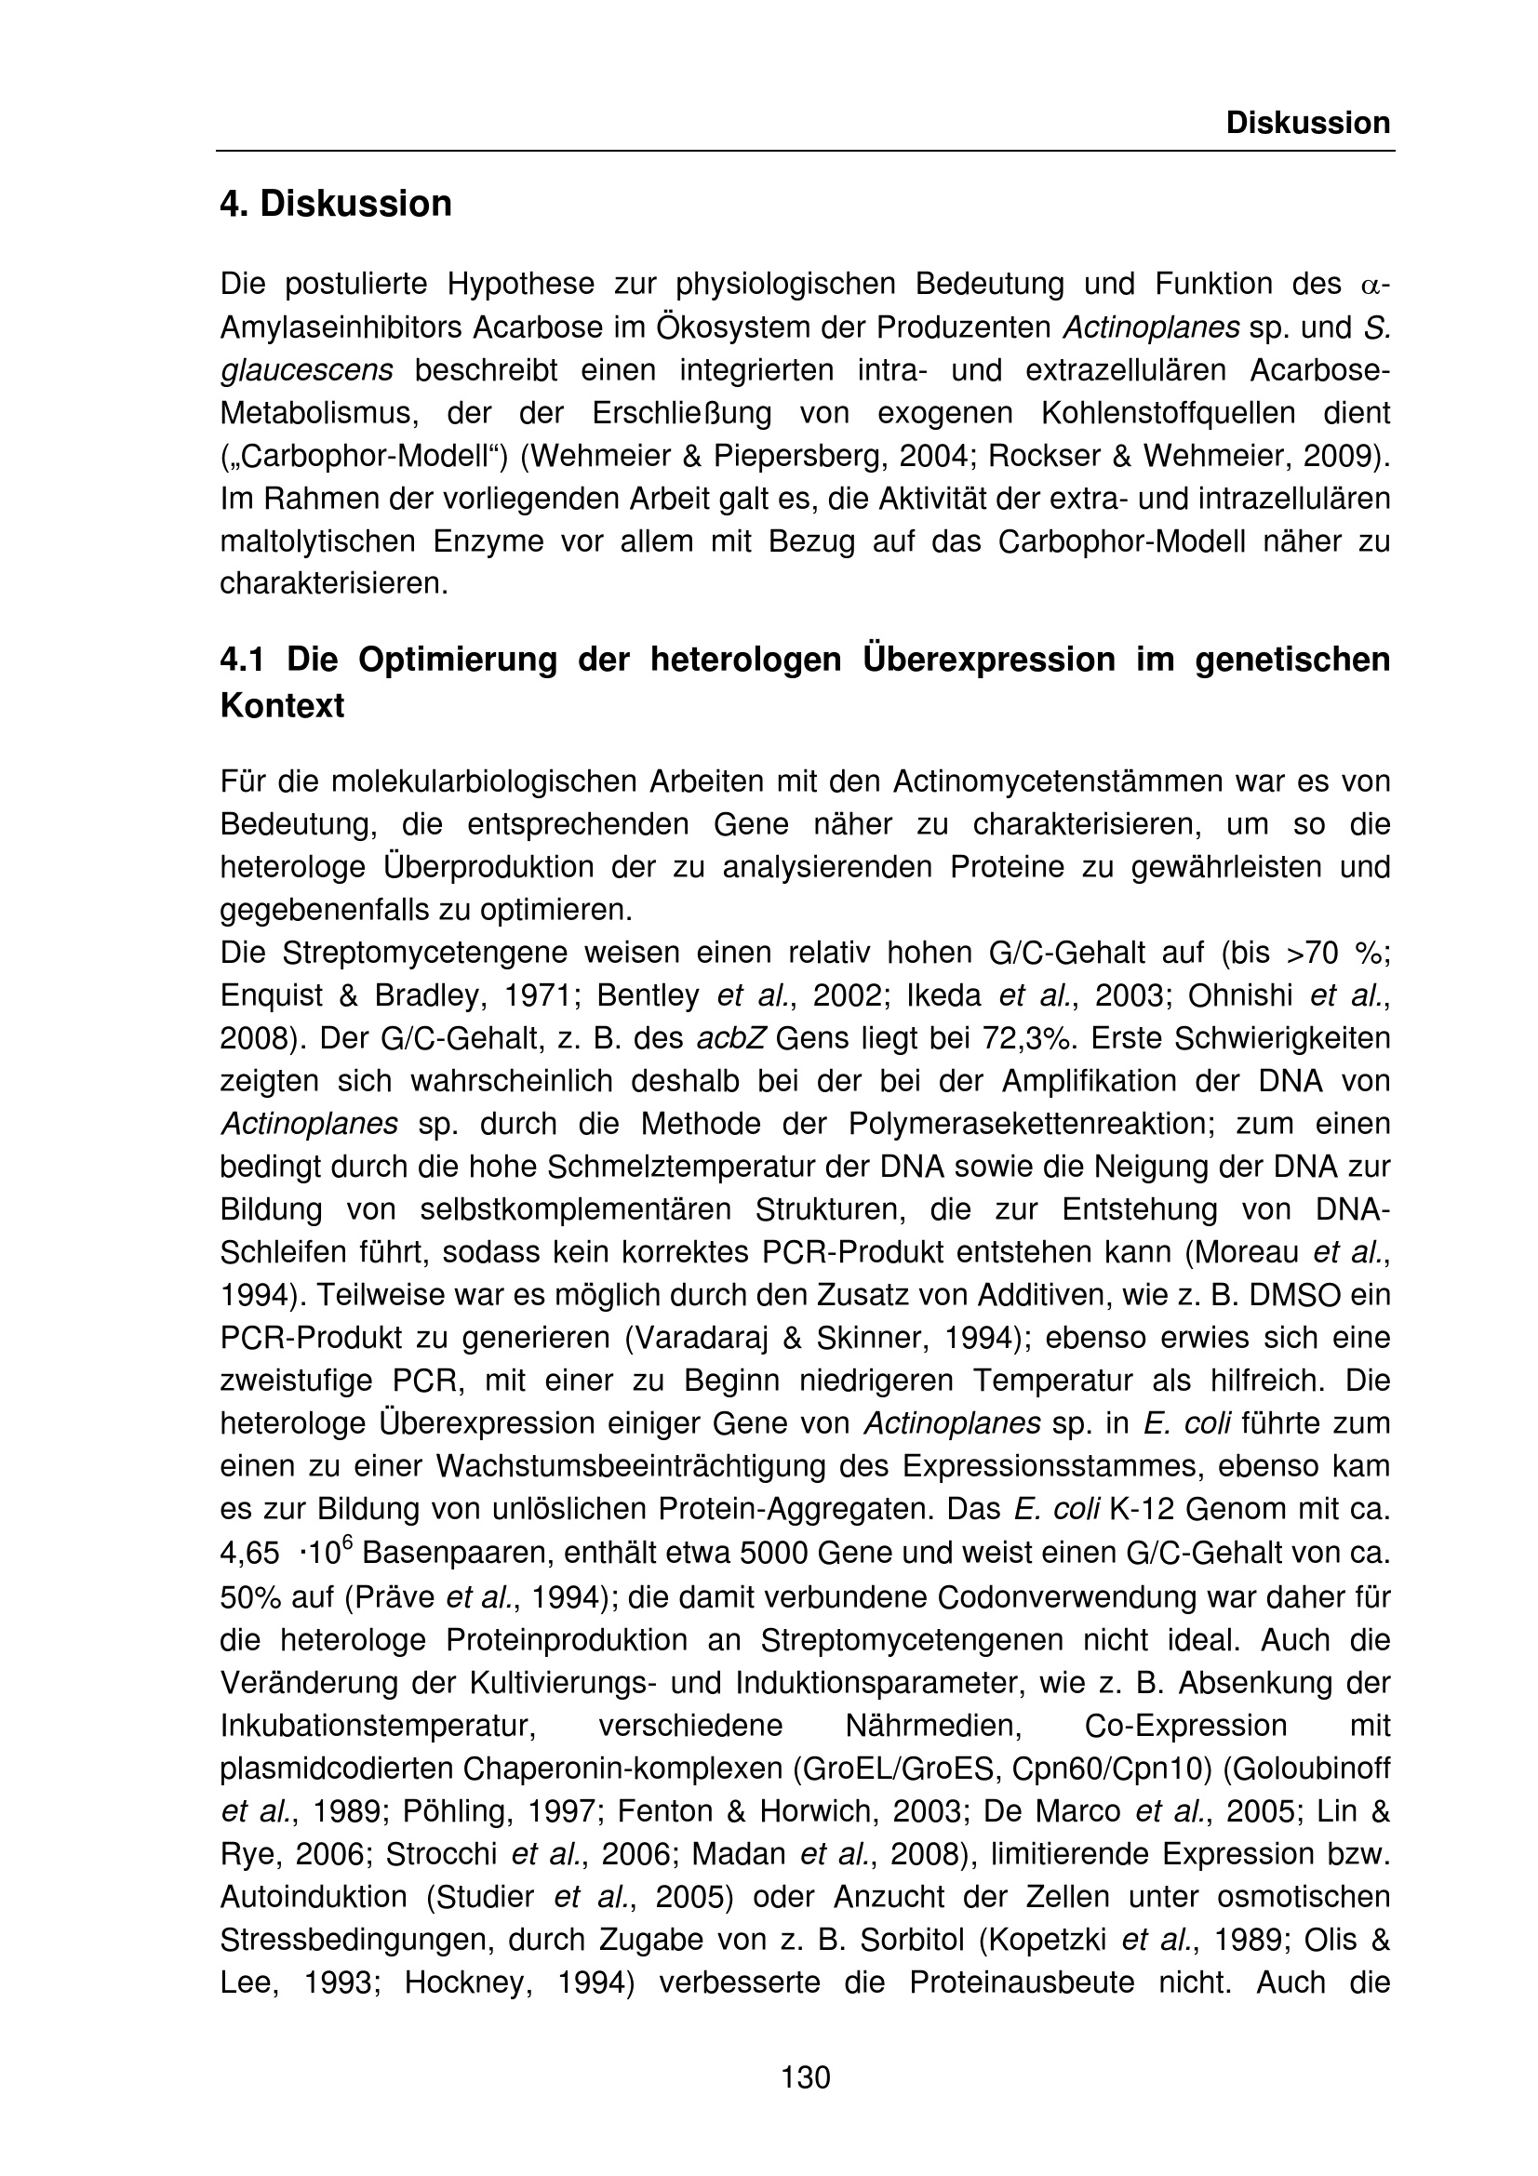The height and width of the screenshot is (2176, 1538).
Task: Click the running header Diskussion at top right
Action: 1308,123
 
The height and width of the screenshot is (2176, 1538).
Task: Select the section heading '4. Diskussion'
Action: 336,204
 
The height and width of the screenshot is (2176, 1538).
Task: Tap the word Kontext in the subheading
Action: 281,706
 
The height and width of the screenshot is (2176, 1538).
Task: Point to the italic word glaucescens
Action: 306,370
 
